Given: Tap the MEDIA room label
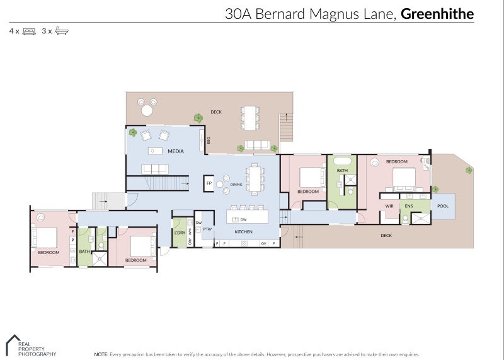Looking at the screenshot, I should point(175,151).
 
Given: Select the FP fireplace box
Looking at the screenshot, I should point(209,183).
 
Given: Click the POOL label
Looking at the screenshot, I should point(443,206).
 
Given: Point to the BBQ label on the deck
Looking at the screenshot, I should point(208,140).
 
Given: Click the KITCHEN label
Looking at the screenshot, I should point(243,232).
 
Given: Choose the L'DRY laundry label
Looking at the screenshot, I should point(180,233).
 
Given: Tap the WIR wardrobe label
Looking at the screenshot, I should point(389,206).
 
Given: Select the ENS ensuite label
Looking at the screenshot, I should point(409,206).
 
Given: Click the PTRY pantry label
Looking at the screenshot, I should point(207,229).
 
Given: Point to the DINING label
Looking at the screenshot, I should point(236,185).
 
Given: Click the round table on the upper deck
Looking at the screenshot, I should point(147,110).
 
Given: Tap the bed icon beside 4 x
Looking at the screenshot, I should point(29,30).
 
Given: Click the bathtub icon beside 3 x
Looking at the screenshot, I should point(62,30).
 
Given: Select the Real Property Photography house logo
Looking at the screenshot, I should point(13,344).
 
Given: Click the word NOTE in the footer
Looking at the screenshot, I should point(101,354).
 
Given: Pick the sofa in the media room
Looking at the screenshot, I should point(154,168).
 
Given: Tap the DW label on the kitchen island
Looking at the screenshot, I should point(243,219).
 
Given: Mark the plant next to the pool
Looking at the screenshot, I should point(435,189).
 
